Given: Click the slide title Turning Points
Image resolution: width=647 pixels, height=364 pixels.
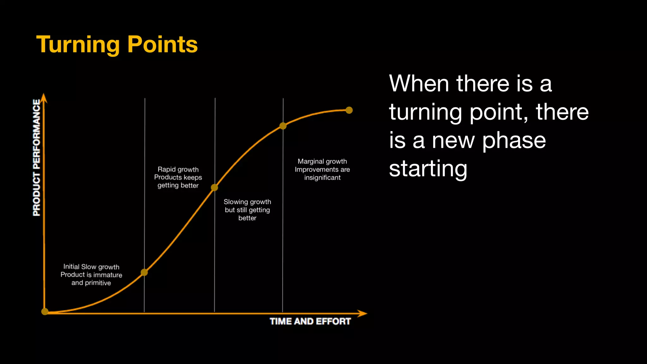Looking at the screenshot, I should tap(117, 45).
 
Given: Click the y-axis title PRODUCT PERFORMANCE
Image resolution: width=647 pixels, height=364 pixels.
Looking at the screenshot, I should tap(37, 158).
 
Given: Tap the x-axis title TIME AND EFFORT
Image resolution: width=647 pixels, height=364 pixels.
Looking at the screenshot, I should tap(310, 321).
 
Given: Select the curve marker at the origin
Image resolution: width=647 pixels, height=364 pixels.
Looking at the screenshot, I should tap(45, 312).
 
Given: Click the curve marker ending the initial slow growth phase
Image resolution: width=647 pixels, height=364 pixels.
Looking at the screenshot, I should tap(144, 272).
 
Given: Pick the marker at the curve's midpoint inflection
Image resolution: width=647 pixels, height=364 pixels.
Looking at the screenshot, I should tap(215, 188).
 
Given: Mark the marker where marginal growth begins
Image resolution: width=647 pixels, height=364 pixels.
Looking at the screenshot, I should tap(283, 126).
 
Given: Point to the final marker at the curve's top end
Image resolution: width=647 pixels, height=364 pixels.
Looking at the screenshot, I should tap(349, 110).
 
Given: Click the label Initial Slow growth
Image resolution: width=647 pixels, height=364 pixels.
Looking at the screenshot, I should tap(91, 267).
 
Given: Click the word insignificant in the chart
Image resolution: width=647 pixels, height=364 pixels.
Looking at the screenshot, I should tap(322, 178).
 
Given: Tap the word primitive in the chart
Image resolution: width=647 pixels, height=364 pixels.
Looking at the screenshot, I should tap(98, 283).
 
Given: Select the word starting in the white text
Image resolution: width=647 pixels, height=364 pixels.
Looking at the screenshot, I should tap(428, 169).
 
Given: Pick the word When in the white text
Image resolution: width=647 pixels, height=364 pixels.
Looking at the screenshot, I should tap(419, 84).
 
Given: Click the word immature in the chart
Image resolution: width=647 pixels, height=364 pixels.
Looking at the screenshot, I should tap(107, 275).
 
